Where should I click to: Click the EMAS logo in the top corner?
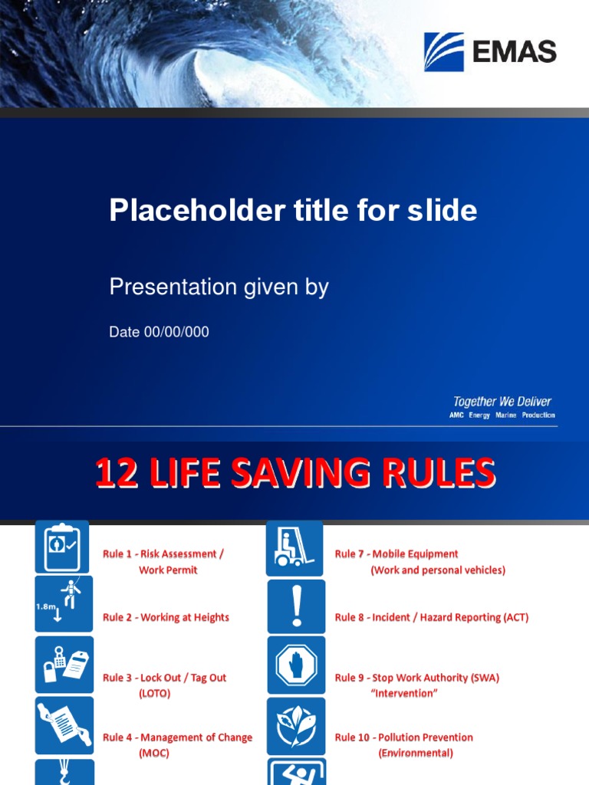point(490,51)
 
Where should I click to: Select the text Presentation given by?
point(219,287)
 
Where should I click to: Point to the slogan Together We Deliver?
point(502,402)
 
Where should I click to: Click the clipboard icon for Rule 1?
point(62,547)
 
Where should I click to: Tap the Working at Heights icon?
point(63,604)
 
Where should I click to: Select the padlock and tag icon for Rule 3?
point(63,663)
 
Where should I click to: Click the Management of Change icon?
point(63,724)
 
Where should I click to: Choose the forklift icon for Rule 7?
point(295,547)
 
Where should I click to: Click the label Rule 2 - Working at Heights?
point(166,617)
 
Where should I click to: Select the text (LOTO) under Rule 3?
point(154,694)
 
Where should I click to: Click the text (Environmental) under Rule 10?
point(416,753)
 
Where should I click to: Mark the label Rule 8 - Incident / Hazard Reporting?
point(431,617)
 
